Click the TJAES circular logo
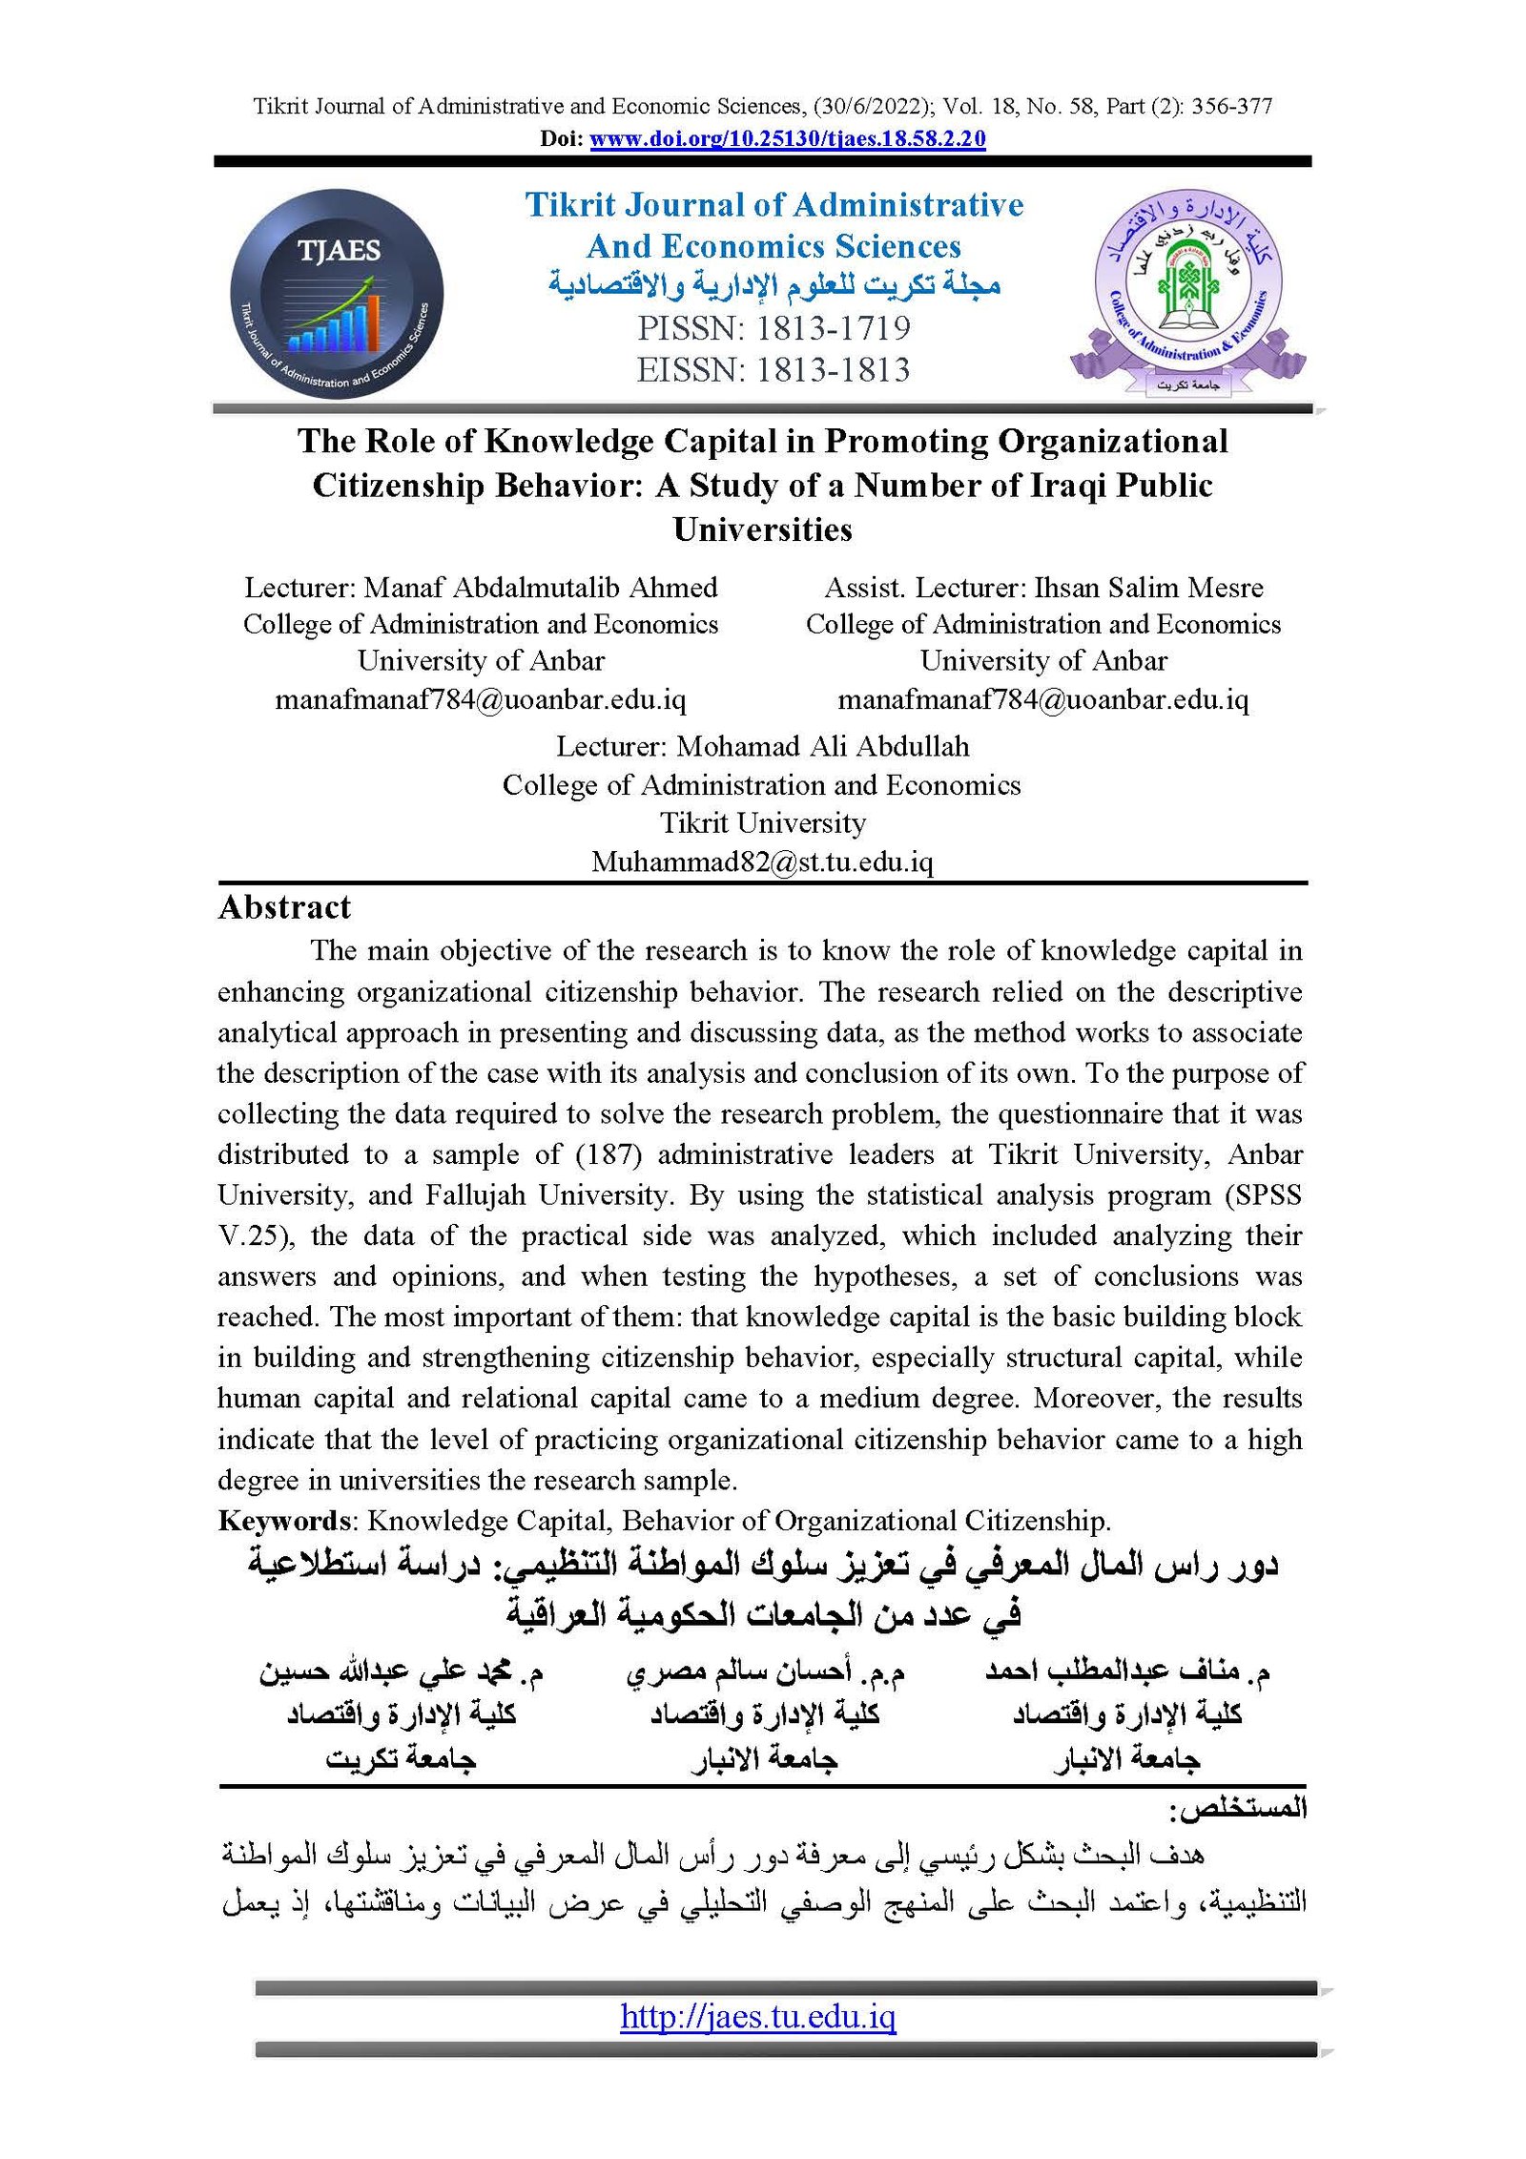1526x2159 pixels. click(337, 294)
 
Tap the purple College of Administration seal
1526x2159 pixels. click(1187, 291)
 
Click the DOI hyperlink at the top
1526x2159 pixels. click(787, 138)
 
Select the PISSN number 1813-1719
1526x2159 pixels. click(833, 328)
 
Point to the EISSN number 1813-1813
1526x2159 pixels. click(833, 370)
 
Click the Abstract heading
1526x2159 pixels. click(284, 907)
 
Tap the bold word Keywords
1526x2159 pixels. click(285, 1520)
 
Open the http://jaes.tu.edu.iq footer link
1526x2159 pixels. click(757, 2016)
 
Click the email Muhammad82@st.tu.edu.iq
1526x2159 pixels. click(762, 862)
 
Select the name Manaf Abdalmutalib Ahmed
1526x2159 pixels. click(541, 587)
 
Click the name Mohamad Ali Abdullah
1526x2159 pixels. click(822, 746)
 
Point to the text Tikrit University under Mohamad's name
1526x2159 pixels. click(763, 822)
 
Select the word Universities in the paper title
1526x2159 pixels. click(762, 529)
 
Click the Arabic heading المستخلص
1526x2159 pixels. click(1238, 1807)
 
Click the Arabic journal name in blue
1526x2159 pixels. click(774, 285)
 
